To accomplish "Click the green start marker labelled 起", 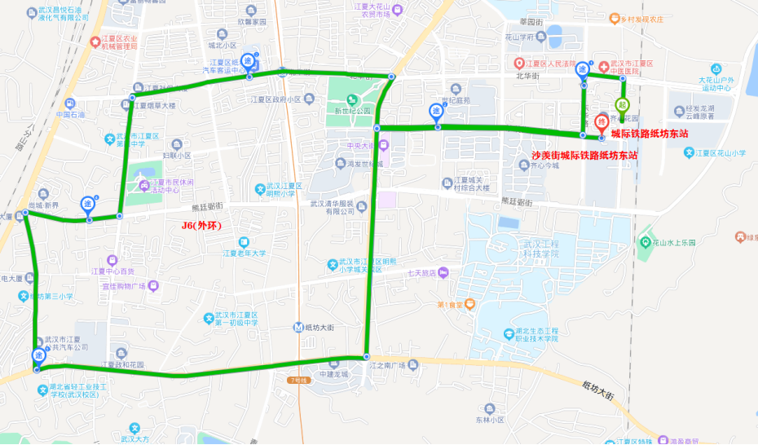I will (x=622, y=104).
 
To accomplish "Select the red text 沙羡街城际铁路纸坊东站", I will (x=584, y=154).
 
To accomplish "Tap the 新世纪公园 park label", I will (x=351, y=110).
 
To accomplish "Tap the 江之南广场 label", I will (x=387, y=364).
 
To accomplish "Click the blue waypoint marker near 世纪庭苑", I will (x=437, y=112).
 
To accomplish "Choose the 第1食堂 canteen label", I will (x=456, y=305).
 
